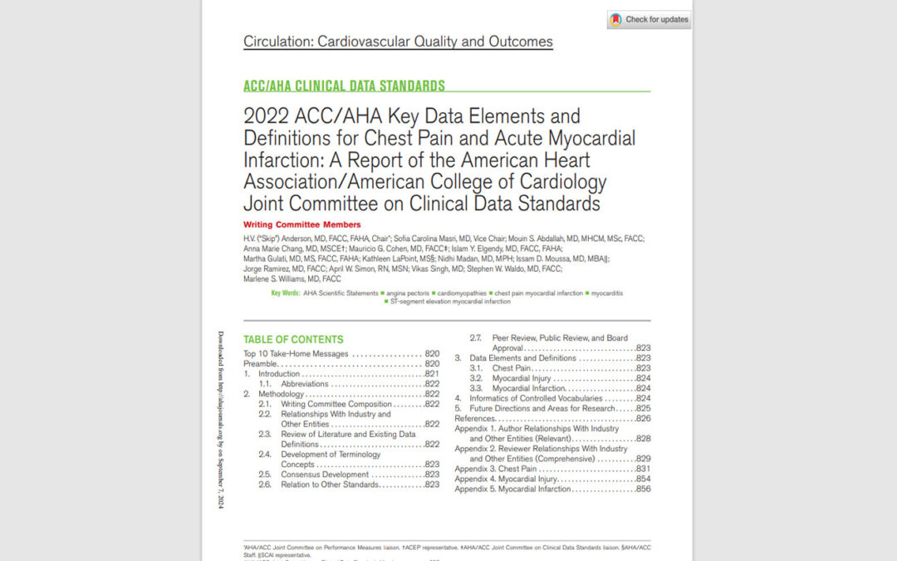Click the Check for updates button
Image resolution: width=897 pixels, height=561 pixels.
click(649, 20)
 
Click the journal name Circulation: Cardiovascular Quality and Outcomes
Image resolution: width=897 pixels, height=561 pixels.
click(398, 42)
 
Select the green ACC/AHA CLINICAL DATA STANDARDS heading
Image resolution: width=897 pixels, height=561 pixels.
click(344, 86)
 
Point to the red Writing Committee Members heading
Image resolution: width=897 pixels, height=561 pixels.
click(302, 224)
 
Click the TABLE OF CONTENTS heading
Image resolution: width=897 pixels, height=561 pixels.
click(292, 339)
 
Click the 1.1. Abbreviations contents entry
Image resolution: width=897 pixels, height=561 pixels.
click(305, 384)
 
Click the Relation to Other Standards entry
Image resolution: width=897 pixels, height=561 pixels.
click(330, 485)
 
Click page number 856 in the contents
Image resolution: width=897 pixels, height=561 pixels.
click(641, 489)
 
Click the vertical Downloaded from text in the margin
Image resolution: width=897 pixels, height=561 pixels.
click(221, 420)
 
